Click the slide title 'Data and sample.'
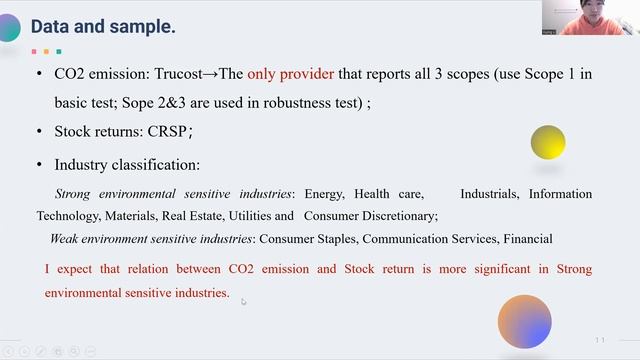point(103,27)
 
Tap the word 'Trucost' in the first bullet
point(207,74)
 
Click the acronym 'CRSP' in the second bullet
point(168,131)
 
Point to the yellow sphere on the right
point(548,143)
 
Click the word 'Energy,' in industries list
point(324,193)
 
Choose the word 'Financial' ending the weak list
point(527,238)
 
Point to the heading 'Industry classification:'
point(127,164)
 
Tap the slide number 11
point(600,340)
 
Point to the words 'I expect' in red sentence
point(68,269)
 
